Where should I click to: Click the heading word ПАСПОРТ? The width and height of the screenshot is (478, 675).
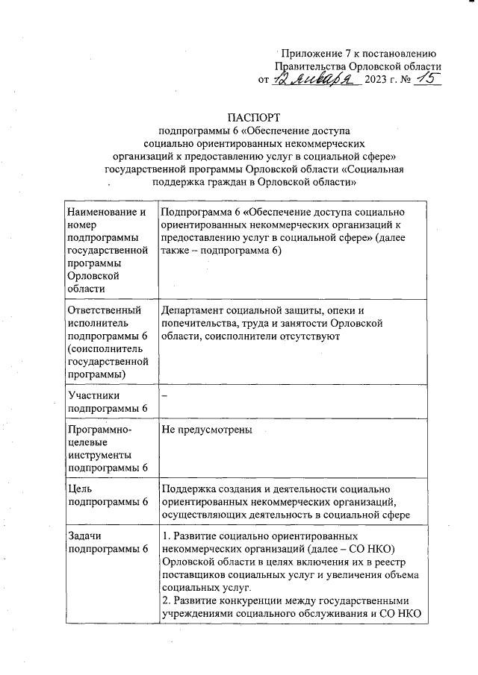(x=255, y=117)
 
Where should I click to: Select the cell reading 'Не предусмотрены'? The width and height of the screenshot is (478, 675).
(x=207, y=430)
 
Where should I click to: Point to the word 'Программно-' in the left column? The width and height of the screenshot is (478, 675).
(x=99, y=430)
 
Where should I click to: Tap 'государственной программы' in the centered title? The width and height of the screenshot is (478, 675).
(x=170, y=169)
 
